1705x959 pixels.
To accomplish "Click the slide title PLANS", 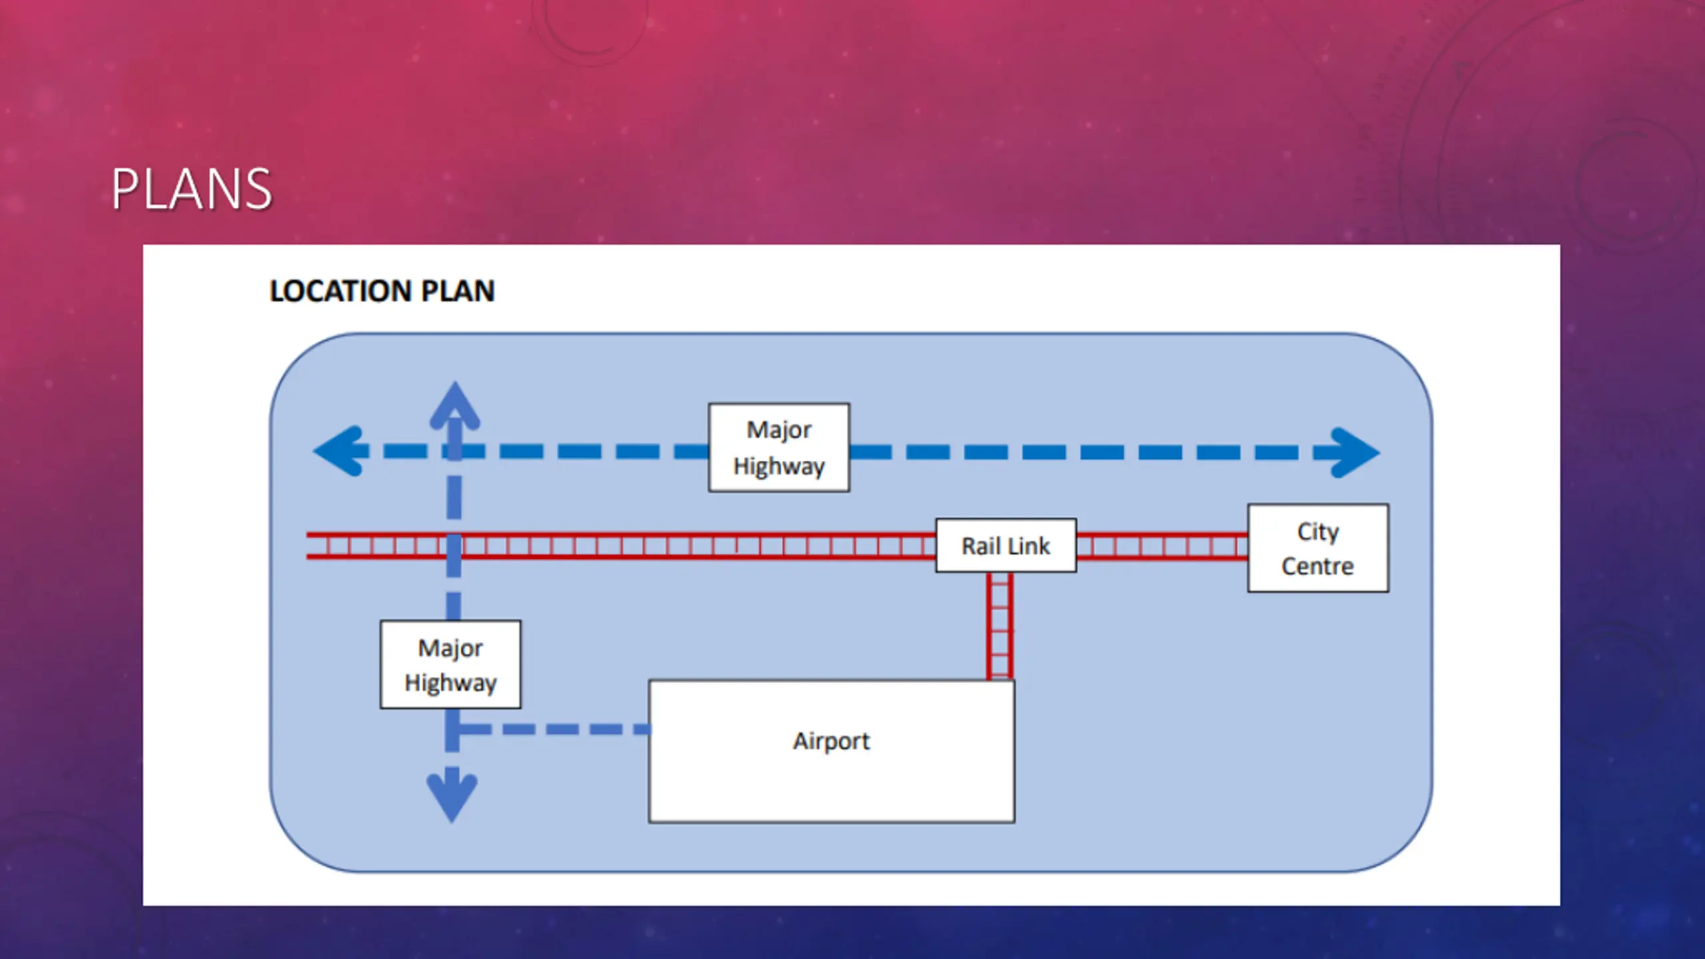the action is (191, 190).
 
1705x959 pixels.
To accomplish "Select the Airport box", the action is (832, 751).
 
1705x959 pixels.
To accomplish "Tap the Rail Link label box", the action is (1006, 545).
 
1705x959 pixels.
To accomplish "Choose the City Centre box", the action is (1318, 548).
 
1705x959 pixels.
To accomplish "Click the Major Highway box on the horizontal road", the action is (779, 448).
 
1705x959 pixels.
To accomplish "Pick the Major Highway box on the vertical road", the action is (451, 665).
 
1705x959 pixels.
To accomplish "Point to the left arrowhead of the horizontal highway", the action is (340, 451).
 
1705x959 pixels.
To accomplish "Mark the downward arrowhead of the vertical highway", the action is (452, 797).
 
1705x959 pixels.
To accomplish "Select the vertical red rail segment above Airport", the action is (1000, 626).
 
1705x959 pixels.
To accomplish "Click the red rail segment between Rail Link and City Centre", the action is (1162, 546).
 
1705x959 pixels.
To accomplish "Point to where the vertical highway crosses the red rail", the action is (454, 546).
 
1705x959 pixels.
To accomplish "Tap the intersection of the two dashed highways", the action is (454, 452).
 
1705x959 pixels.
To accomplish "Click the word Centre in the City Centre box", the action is (1317, 567).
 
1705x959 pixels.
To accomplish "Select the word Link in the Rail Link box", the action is (1030, 546).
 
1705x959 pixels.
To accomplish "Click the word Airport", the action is (831, 741).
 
